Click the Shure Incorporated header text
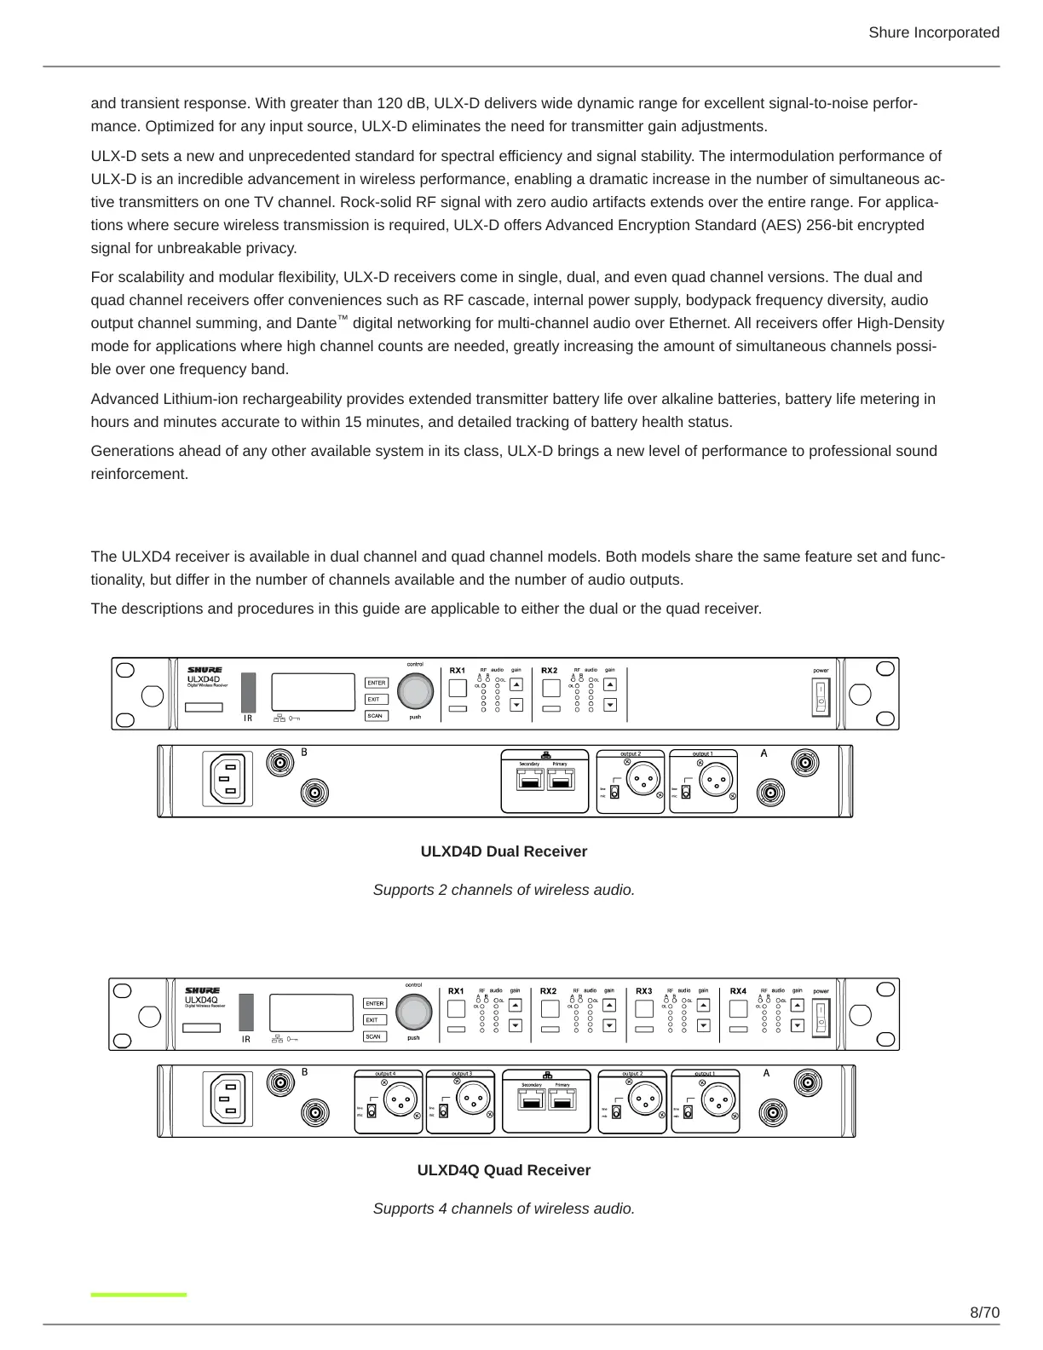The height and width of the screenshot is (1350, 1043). click(x=933, y=32)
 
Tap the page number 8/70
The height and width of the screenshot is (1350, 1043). click(x=984, y=1312)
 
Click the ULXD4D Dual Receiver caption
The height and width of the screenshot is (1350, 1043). click(x=504, y=851)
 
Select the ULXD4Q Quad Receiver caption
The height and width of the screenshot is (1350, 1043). click(x=504, y=1170)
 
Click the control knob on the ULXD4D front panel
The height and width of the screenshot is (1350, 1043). click(x=415, y=690)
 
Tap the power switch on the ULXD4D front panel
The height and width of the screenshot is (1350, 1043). click(x=821, y=696)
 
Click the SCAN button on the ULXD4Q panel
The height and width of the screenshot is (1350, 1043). click(x=373, y=1036)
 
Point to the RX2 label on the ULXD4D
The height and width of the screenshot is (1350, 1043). click(x=549, y=671)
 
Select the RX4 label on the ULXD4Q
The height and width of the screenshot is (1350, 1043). click(x=738, y=991)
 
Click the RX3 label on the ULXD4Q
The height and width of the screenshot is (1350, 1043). click(x=643, y=991)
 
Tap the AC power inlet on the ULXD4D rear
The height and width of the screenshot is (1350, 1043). click(x=228, y=779)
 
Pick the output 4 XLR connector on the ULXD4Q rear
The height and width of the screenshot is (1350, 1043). click(x=396, y=1103)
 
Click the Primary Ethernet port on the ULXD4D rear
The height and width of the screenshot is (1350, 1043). click(x=562, y=780)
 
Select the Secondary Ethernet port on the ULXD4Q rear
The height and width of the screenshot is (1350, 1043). click(x=533, y=1100)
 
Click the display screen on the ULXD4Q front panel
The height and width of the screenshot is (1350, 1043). click(x=311, y=1012)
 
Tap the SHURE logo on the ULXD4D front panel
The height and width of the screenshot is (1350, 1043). click(x=205, y=670)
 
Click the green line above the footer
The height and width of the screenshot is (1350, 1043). click(x=139, y=1295)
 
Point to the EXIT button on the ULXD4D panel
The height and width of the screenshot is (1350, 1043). click(x=374, y=699)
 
